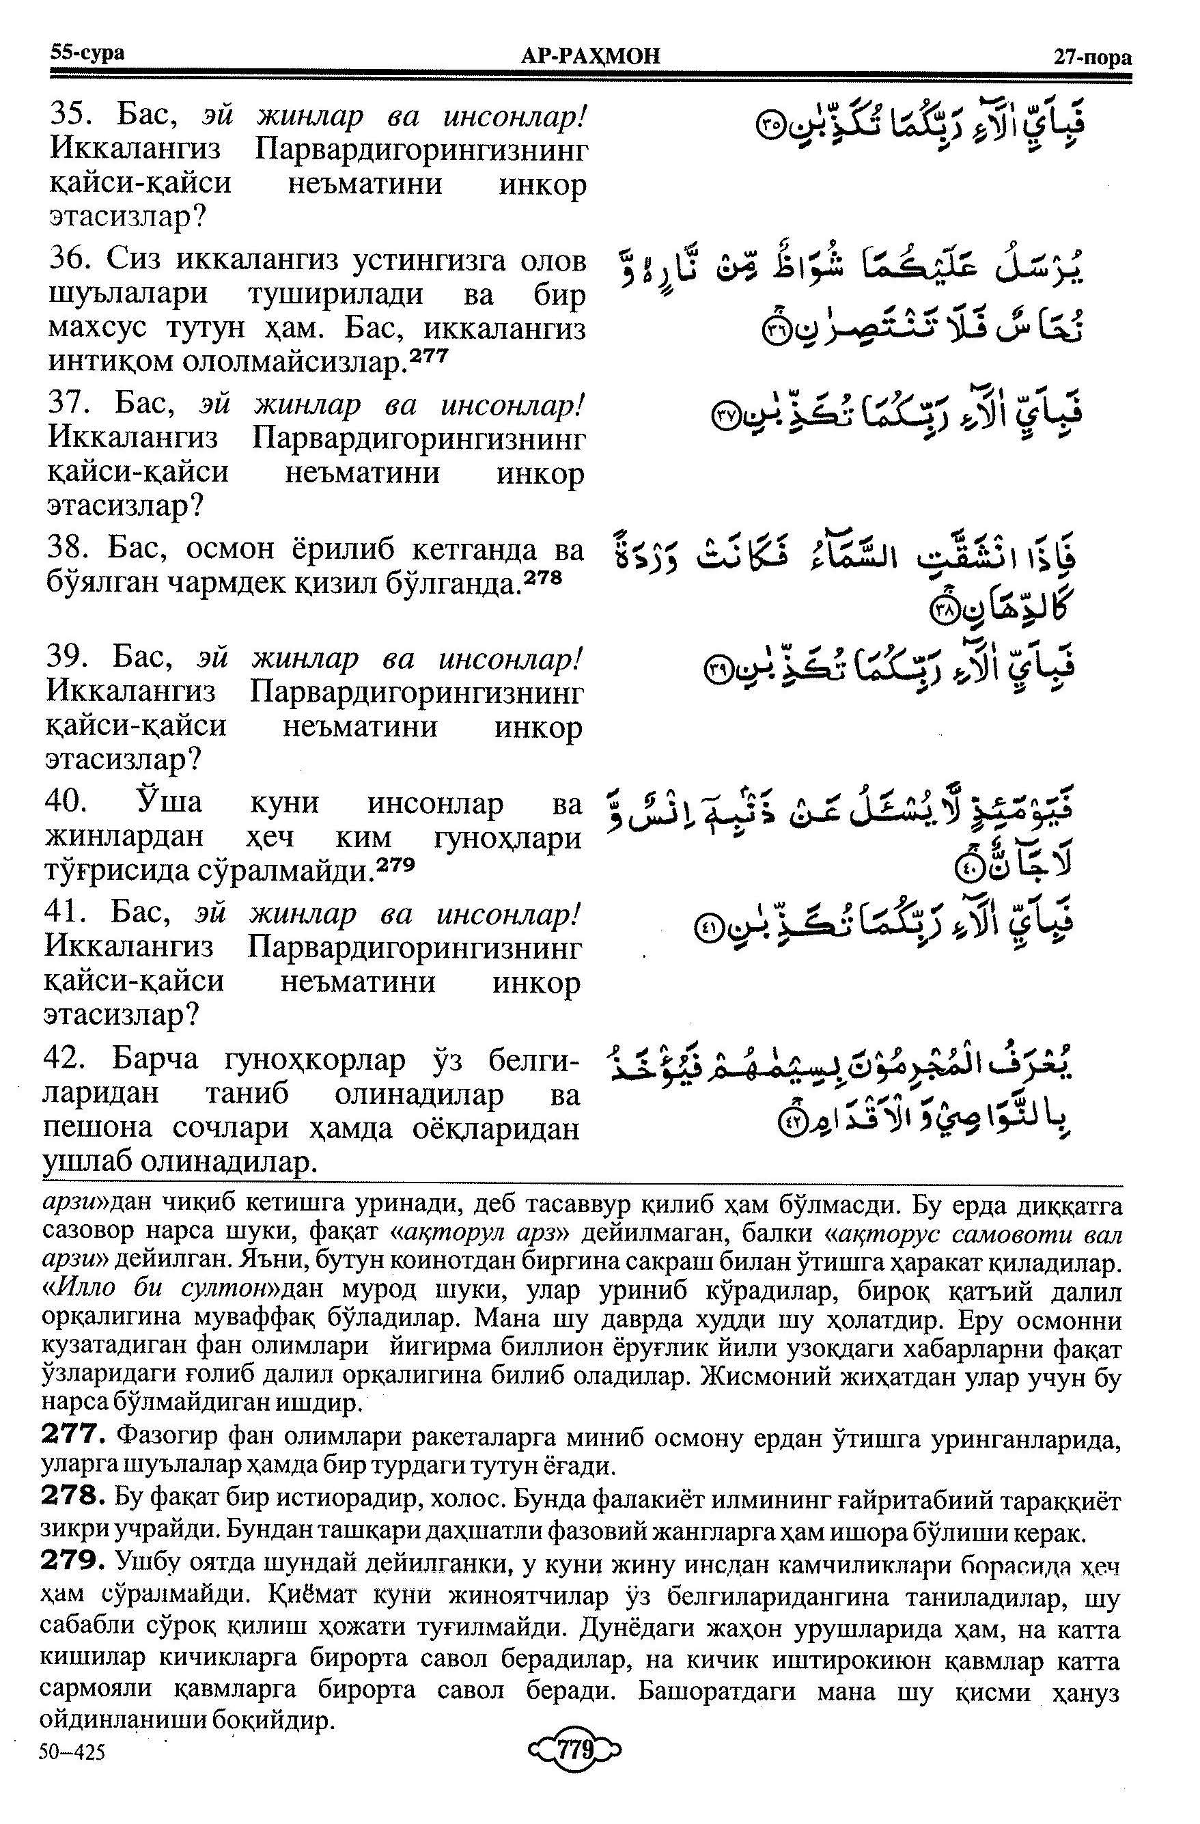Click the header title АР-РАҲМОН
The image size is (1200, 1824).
(589, 56)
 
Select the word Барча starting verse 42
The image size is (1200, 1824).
(156, 1060)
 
